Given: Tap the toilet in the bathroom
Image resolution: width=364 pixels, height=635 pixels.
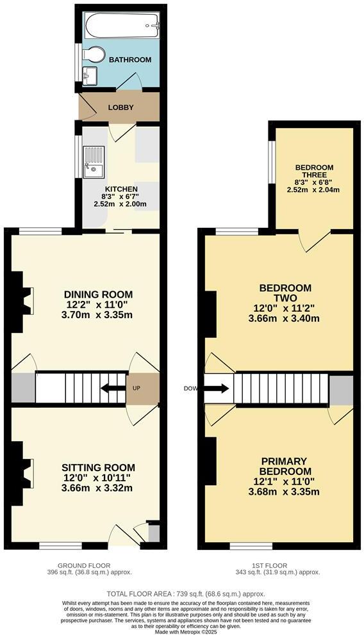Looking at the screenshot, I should tap(94, 56).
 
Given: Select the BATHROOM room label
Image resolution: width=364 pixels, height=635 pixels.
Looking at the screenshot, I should tap(130, 60).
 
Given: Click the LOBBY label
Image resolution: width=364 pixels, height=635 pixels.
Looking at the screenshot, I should tap(120, 108).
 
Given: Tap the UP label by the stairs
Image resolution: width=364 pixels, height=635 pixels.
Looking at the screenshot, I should tap(137, 388).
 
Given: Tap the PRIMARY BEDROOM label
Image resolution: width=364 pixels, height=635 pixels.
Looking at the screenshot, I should tap(284, 466).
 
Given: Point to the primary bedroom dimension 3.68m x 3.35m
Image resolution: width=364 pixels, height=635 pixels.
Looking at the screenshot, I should tap(284, 492).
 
